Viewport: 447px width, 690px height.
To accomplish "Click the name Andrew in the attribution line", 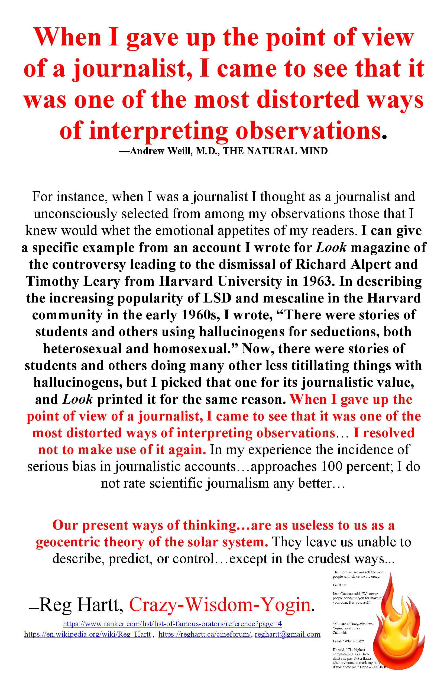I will pos(147,151).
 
